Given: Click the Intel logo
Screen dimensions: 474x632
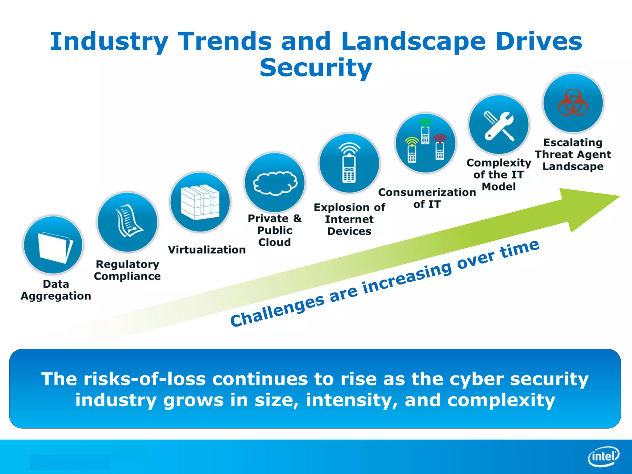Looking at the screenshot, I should coord(604,456).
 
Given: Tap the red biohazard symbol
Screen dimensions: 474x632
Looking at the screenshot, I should coord(573,103).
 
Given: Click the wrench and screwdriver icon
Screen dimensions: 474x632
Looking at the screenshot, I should coord(499,126).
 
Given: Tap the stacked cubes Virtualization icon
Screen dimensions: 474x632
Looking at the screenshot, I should coord(200,202).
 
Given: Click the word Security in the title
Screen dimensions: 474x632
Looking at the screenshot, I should coord(316,68).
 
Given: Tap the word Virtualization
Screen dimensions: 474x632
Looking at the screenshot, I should coord(206,250).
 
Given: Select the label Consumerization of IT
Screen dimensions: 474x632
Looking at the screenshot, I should coord(427,198).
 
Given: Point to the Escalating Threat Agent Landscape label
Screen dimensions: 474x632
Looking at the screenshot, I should coord(573,154).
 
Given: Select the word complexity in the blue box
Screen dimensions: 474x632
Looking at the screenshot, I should coord(501,400).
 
